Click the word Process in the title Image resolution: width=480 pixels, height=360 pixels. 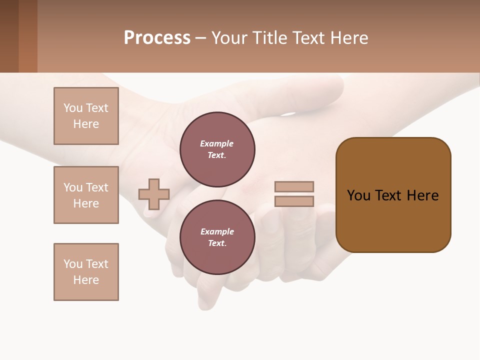coord(157,38)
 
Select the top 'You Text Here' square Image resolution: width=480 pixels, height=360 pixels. coord(86,116)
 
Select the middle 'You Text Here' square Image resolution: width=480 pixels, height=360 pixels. coord(86,195)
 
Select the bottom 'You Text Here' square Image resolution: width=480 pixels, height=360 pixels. coord(86,272)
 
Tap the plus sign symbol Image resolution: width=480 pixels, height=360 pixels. coord(154,194)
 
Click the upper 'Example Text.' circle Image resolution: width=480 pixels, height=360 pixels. coord(217,149)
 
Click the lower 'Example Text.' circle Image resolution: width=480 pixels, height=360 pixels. coord(217,237)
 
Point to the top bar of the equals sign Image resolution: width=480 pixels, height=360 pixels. coord(294,186)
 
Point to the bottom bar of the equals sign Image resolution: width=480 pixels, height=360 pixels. coord(294,201)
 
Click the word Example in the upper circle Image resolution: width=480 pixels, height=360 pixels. coord(217,143)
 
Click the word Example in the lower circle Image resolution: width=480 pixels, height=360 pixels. coord(217,231)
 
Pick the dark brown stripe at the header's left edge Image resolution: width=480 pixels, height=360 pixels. coord(9,36)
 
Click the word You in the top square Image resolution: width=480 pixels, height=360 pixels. coord(73,108)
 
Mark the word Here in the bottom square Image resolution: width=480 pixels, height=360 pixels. coord(86,280)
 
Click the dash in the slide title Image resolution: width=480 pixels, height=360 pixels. coord(200,38)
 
